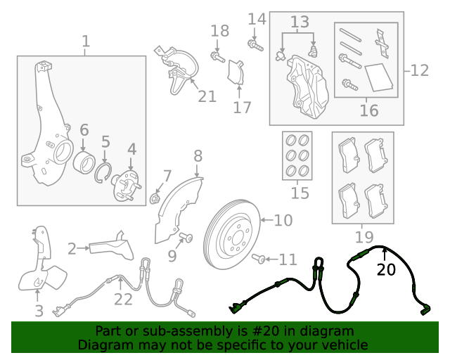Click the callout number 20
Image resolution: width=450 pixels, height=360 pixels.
point(386,270)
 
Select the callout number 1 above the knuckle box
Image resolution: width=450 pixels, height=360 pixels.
point(85,42)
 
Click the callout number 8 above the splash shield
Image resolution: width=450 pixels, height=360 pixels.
point(198,156)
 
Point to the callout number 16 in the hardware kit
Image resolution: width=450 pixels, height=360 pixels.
point(368,110)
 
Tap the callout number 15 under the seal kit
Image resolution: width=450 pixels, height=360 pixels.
point(300,193)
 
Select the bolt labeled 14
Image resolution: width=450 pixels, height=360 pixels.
point(252,44)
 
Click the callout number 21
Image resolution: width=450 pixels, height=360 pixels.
point(207,96)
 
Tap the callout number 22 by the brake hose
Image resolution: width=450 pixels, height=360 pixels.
point(123,300)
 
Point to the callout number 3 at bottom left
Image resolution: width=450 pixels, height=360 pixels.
point(39,310)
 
